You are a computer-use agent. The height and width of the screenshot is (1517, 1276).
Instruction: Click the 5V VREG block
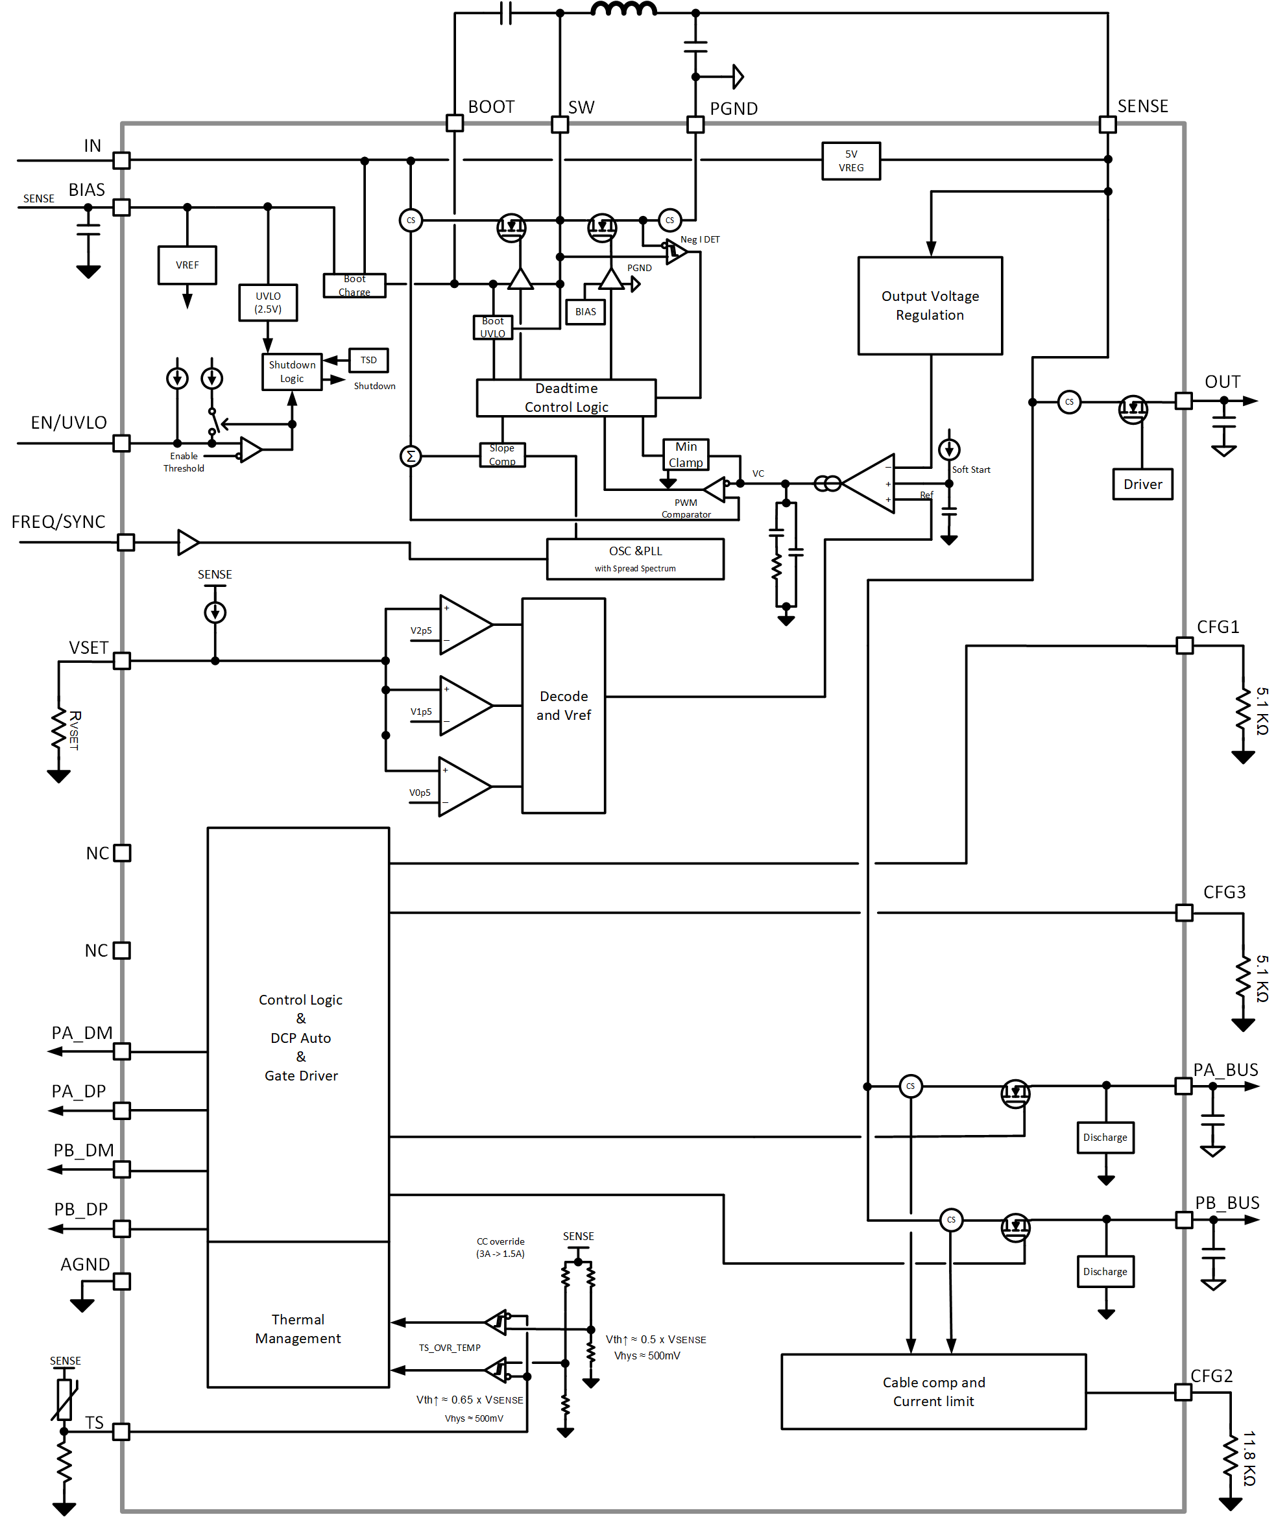pyautogui.click(x=850, y=161)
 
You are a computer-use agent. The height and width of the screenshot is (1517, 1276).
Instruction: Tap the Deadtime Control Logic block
pyautogui.click(x=566, y=398)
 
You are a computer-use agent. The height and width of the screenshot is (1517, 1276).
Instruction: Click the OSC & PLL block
pyautogui.click(x=635, y=559)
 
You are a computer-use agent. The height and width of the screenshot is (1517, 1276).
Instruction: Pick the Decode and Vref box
pyautogui.click(x=564, y=706)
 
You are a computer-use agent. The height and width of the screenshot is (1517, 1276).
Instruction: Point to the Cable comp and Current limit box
pyautogui.click(x=933, y=1392)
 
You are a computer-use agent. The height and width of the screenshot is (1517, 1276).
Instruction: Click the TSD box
pyautogui.click(x=369, y=360)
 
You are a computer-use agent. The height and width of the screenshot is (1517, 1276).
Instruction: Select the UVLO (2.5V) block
pyautogui.click(x=268, y=302)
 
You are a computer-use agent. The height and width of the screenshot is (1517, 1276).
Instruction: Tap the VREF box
pyautogui.click(x=187, y=265)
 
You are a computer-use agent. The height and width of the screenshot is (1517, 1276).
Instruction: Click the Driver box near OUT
pyautogui.click(x=1142, y=484)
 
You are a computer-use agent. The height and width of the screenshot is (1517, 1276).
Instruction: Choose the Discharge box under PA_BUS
pyautogui.click(x=1105, y=1138)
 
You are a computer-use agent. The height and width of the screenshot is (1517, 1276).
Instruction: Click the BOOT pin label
pyautogui.click(x=491, y=107)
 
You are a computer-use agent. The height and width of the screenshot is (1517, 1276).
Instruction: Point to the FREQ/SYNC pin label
pyautogui.click(x=58, y=522)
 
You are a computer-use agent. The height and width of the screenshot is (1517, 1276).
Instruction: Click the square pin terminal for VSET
pyautogui.click(x=122, y=661)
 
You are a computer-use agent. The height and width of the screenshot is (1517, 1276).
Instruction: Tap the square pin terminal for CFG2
pyautogui.click(x=1183, y=1392)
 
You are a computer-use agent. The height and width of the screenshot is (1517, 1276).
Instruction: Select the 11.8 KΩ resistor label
pyautogui.click(x=1249, y=1458)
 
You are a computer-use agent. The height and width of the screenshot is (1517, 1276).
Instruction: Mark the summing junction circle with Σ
pyautogui.click(x=411, y=456)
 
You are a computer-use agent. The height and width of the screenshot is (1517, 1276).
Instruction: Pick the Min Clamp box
pyautogui.click(x=686, y=455)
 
